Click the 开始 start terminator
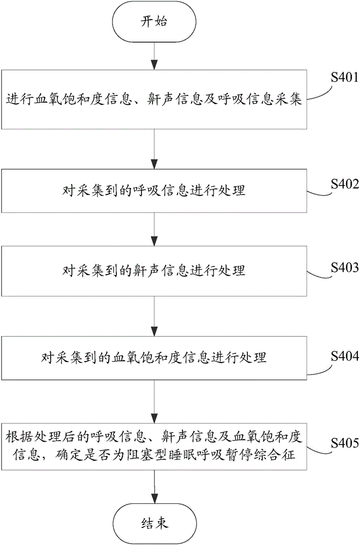(154, 22)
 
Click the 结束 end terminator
(154, 524)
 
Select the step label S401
(345, 77)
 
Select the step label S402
(345, 183)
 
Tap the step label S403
(345, 267)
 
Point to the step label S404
(345, 355)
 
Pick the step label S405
(345, 443)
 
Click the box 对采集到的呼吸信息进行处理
(154, 191)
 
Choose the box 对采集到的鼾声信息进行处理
(154, 271)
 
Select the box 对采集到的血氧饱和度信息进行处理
(154, 358)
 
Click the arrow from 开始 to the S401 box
(154, 55)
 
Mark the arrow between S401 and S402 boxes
(154, 149)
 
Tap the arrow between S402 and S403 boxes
(154, 229)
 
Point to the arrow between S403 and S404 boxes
(154, 316)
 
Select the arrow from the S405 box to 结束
(154, 488)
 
